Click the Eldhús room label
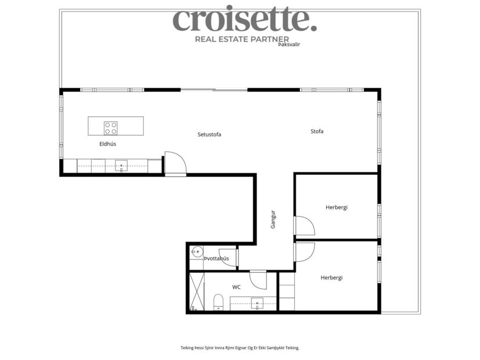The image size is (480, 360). click(x=108, y=143)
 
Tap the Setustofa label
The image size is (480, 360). click(x=209, y=134)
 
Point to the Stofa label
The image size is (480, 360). click(x=317, y=131)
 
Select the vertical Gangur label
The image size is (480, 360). click(x=273, y=219)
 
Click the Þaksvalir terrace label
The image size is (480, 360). click(x=288, y=44)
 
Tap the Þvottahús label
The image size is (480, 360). click(x=216, y=258)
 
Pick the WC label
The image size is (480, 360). click(x=236, y=287)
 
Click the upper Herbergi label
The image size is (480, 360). click(x=337, y=207)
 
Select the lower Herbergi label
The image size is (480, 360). click(x=331, y=278)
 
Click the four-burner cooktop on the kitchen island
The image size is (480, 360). click(x=110, y=128)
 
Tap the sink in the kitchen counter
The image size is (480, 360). click(x=121, y=166)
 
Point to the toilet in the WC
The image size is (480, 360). click(x=219, y=302)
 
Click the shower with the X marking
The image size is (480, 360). click(x=197, y=292)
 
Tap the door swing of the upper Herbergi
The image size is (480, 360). click(x=304, y=225)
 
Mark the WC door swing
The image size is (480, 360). click(x=258, y=280)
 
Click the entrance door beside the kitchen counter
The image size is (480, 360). click(x=175, y=164)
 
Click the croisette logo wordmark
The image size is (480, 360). click(x=244, y=20)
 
